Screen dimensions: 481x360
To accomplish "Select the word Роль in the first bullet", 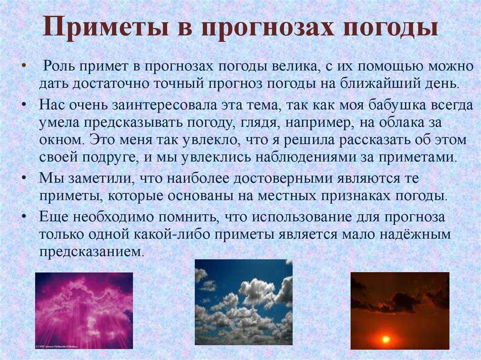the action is point(58,66).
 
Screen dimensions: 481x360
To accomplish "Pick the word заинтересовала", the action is point(164,106).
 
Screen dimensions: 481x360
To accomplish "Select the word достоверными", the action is point(282,178).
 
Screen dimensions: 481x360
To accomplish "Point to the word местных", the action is point(287,196).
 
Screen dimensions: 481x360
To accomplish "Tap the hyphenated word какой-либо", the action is point(172,235).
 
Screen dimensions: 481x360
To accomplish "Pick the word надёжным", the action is point(415,235).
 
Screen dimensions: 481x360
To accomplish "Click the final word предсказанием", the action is point(91,252).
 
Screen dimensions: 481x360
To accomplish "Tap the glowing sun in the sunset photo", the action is point(385,339).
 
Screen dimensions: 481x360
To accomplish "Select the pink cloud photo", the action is point(84,310).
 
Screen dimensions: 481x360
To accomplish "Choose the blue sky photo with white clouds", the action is point(244,302).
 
